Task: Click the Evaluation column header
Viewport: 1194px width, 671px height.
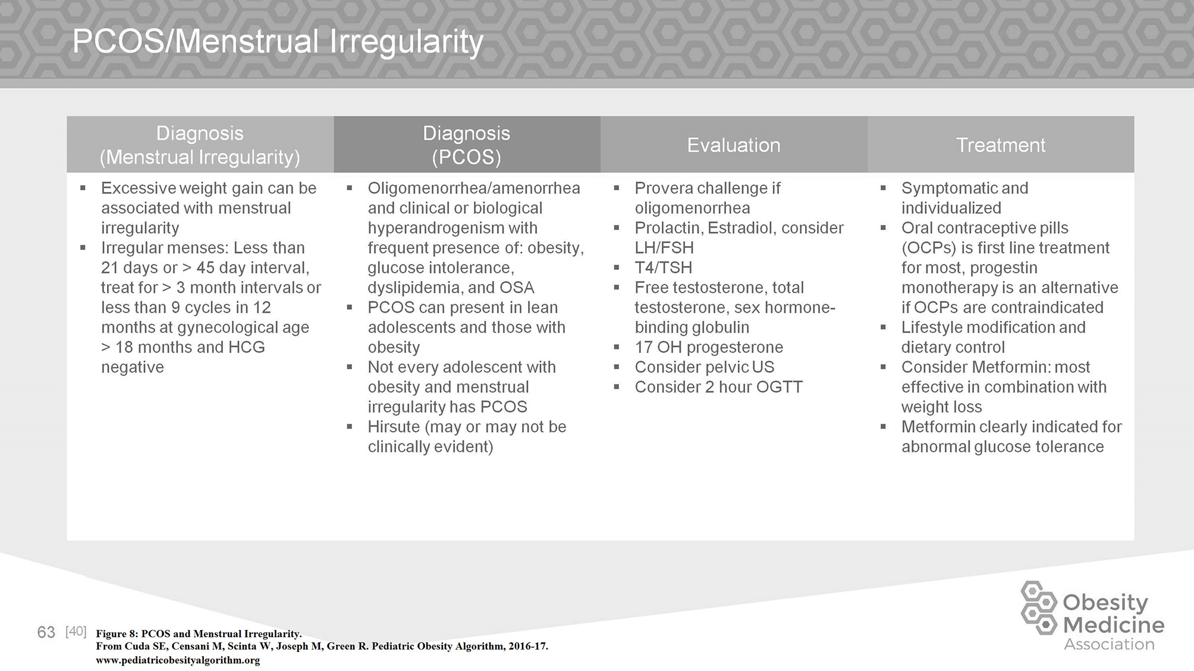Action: [733, 145]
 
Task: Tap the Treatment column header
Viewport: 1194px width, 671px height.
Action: [1000, 145]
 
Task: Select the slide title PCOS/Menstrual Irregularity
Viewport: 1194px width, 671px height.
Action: [278, 42]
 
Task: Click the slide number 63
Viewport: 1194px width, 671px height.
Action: [46, 632]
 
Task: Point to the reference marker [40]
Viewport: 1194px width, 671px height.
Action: [76, 631]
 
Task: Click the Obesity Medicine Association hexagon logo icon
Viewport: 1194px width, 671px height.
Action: [1039, 607]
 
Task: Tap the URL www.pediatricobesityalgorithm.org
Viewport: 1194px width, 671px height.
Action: [178, 660]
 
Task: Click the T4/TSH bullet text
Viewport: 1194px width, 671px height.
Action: [663, 267]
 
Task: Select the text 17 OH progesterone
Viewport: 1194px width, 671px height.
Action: [709, 347]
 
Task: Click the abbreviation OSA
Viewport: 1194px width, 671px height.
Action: [517, 288]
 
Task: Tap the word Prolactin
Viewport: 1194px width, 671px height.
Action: [668, 228]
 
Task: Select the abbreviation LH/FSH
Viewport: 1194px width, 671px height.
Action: [664, 248]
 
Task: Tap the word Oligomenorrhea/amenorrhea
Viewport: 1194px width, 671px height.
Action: [473, 188]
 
